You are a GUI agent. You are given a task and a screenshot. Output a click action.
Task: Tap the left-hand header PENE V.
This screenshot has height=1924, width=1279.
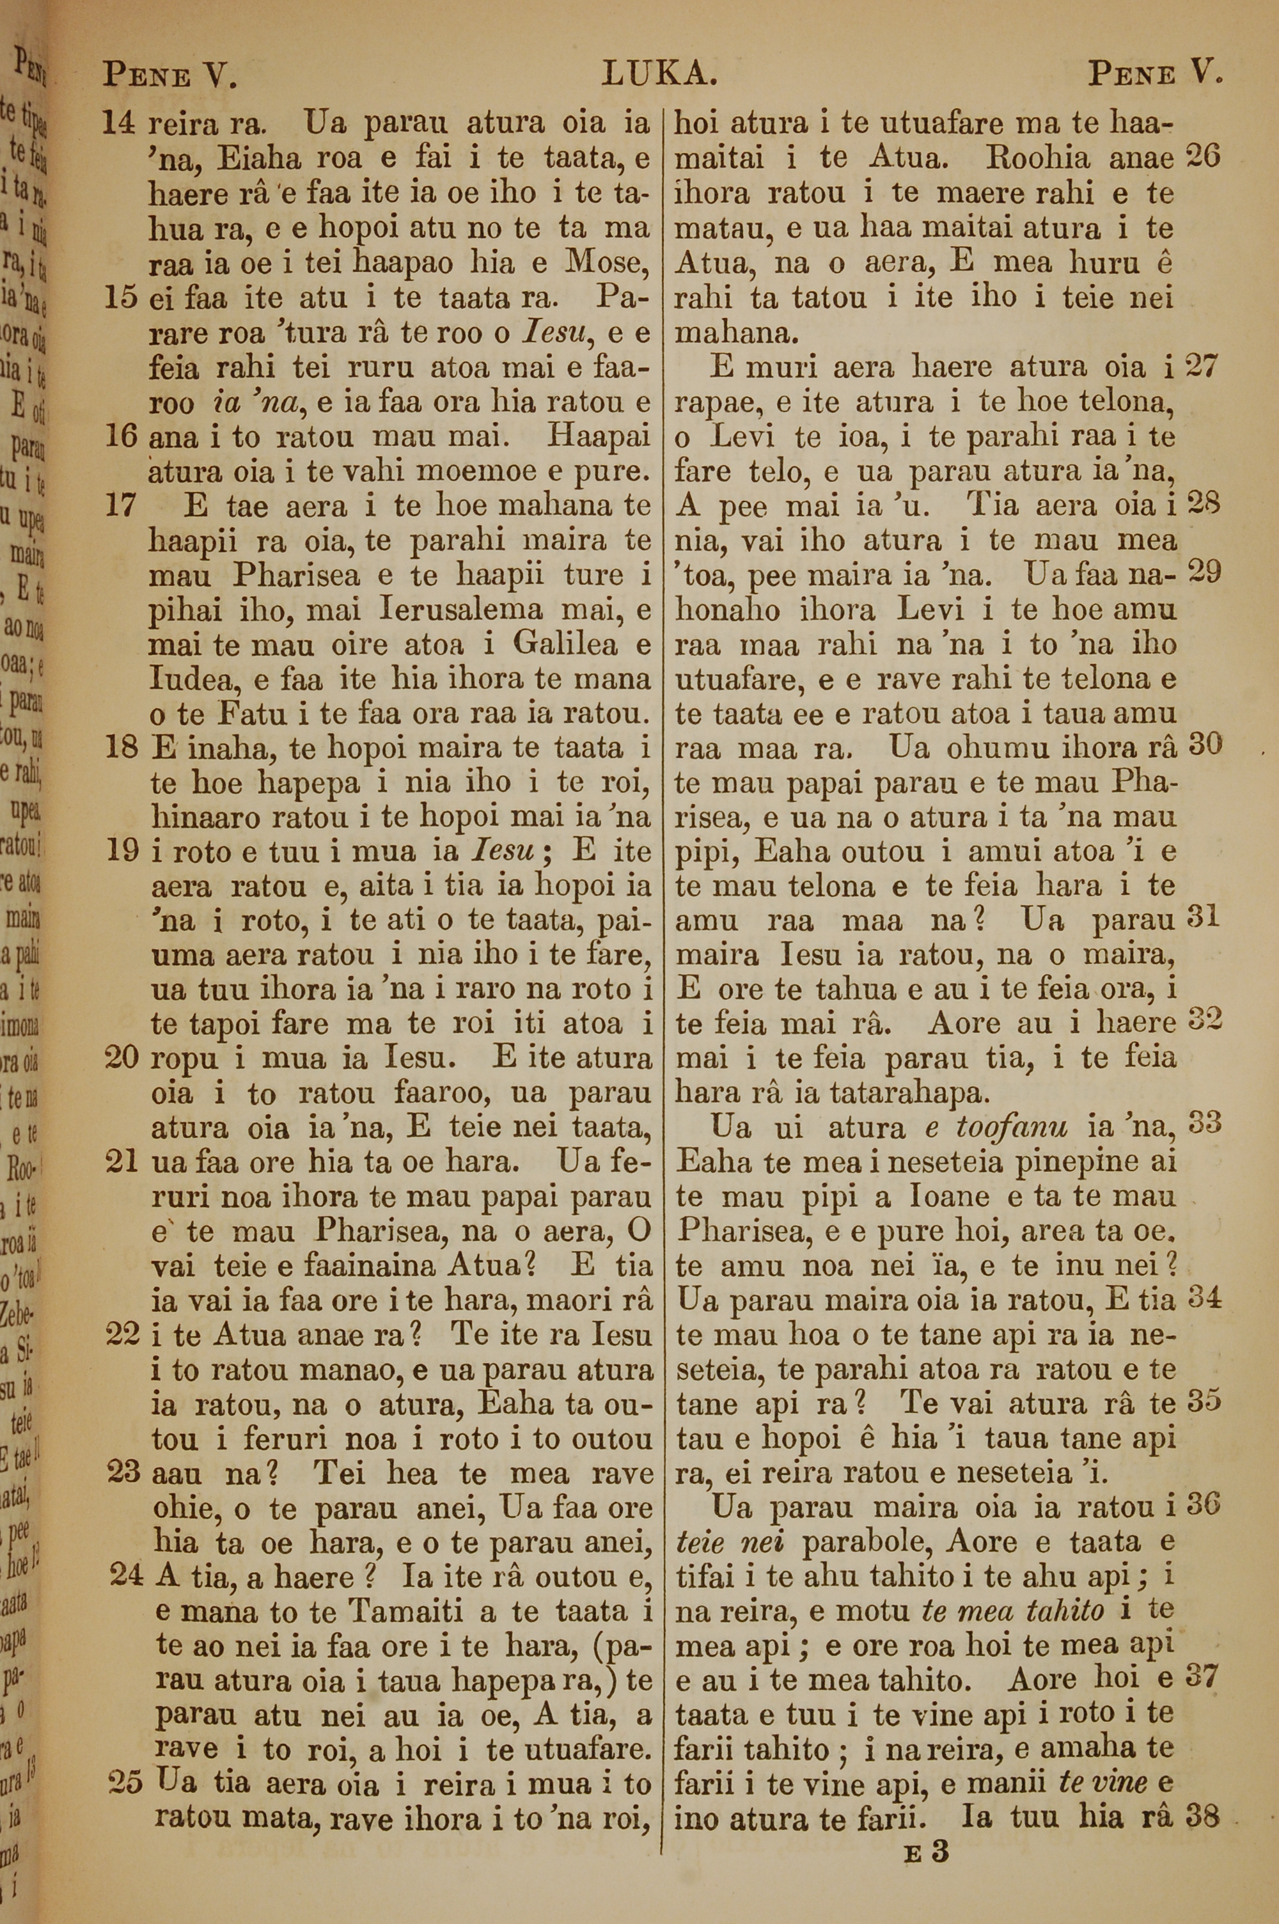click(169, 77)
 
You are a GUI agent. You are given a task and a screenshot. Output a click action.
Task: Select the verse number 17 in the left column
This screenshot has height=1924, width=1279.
click(122, 507)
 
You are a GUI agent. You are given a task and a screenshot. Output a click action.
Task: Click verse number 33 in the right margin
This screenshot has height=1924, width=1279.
click(1204, 1124)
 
